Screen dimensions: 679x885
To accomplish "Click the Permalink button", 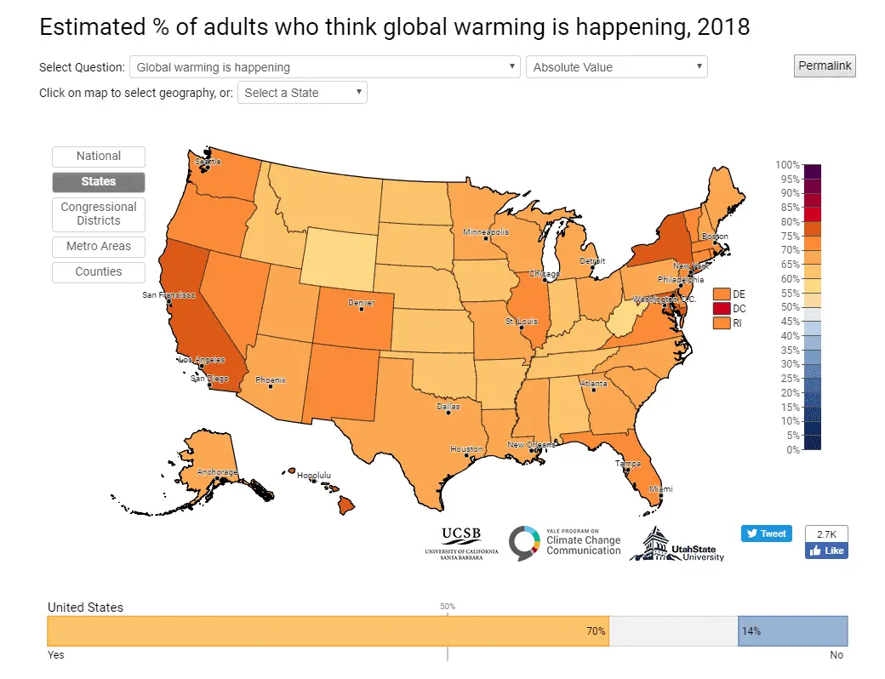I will (824, 66).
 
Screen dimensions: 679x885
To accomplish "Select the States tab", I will (99, 182).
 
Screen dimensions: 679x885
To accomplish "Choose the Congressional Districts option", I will (99, 214).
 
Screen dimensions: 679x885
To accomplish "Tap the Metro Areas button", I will (99, 247).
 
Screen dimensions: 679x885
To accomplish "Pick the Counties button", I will (99, 272).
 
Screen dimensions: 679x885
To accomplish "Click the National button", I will (99, 157).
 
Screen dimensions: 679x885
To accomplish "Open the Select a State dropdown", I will (302, 93).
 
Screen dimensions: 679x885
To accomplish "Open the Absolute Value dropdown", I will (616, 67).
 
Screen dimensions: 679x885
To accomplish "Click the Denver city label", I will (361, 303).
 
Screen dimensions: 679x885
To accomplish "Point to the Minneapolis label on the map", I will (486, 232).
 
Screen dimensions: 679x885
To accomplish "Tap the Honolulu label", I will (313, 476).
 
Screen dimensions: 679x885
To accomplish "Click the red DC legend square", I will (722, 308).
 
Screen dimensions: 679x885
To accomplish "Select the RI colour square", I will (722, 323).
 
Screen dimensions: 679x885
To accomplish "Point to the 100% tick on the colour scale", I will (787, 164).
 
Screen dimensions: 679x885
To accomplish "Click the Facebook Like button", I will (826, 551).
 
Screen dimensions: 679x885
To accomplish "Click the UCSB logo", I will (461, 542).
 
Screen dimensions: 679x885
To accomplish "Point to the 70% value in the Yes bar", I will (595, 631).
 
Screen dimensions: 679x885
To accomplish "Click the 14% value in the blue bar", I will (751, 631).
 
